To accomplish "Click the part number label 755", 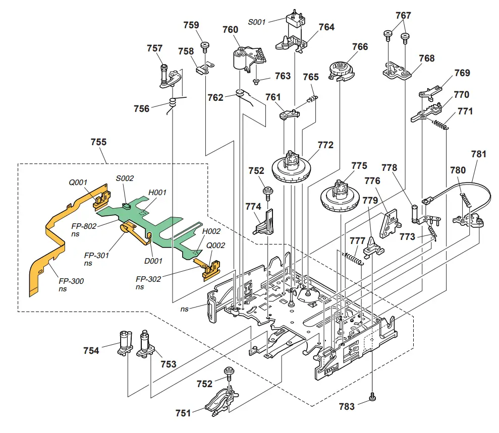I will [x=98, y=142].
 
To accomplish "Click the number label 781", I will [x=479, y=154].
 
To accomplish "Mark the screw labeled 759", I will [x=205, y=46].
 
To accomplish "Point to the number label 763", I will [x=283, y=76].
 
